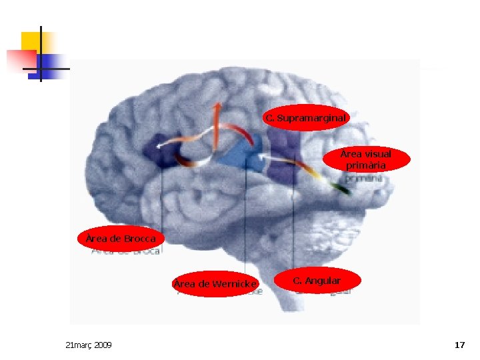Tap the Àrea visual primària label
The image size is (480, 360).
tap(366, 159)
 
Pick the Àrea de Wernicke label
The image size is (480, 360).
tap(215, 284)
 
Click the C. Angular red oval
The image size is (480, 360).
tap(317, 281)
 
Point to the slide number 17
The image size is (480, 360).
tap(459, 345)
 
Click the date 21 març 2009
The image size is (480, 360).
tap(89, 345)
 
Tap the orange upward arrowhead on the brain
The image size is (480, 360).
tap(217, 107)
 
